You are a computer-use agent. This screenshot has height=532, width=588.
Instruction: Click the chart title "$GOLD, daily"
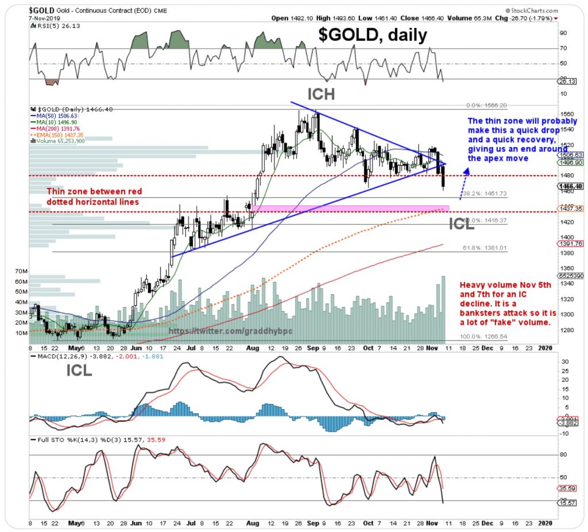pyautogui.click(x=373, y=36)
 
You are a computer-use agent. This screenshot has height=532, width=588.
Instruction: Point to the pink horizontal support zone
pyautogui.click(x=350, y=208)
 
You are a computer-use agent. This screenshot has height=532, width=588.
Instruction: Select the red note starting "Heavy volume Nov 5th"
pyautogui.click(x=505, y=304)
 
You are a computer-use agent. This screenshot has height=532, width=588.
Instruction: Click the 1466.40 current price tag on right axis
pyautogui.click(x=571, y=187)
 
